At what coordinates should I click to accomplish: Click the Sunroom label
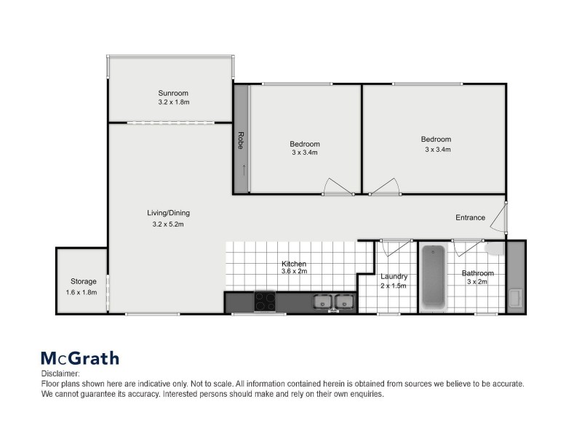(x=173, y=93)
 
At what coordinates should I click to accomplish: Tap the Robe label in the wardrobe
(x=240, y=140)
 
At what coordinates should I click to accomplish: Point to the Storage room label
(x=83, y=281)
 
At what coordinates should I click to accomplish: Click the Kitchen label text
(x=294, y=263)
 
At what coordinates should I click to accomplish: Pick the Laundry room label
(x=394, y=276)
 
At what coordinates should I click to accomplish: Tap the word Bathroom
(x=478, y=273)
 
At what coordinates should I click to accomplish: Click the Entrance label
(x=470, y=217)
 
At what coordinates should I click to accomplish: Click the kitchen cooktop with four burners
(x=264, y=300)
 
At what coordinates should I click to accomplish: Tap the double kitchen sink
(x=334, y=301)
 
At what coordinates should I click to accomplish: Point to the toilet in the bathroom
(x=494, y=249)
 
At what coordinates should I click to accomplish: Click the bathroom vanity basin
(x=515, y=297)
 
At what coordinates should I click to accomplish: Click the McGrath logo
(x=79, y=358)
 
